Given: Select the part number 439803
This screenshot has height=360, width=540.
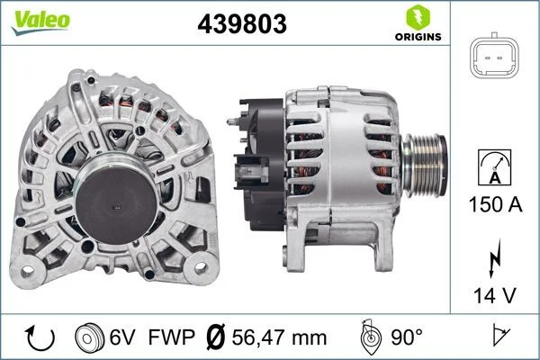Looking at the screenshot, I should coord(241,25).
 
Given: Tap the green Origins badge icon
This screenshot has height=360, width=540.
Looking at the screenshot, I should coord(417,16).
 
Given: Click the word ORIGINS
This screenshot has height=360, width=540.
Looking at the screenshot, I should coord(417,37).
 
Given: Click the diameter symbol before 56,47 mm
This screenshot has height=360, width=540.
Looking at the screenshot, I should coord(216,337).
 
